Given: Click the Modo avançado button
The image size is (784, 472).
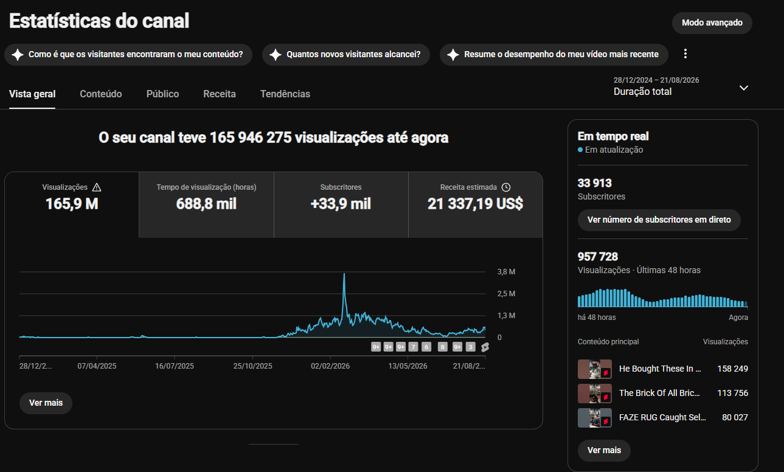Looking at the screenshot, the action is [x=712, y=23].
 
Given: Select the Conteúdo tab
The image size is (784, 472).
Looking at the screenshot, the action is [x=101, y=94].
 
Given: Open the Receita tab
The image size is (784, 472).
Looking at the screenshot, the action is [x=220, y=94].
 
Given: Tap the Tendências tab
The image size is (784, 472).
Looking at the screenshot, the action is [x=285, y=94].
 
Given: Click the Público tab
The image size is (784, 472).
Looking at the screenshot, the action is [x=162, y=94].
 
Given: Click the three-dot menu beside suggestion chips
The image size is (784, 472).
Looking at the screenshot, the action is [x=685, y=54].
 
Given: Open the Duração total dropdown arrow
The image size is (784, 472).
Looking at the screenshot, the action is [x=744, y=88].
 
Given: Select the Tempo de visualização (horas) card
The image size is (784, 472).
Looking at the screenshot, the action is [x=206, y=205].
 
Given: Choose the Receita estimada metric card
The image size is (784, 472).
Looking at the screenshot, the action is [x=475, y=205].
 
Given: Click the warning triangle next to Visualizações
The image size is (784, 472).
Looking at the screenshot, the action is [x=97, y=187].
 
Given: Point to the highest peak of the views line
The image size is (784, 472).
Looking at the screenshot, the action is [x=344, y=274].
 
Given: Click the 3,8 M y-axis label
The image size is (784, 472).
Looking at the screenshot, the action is [x=506, y=271].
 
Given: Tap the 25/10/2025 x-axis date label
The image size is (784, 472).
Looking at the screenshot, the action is [x=252, y=366].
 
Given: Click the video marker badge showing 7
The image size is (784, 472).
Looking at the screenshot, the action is [x=413, y=347].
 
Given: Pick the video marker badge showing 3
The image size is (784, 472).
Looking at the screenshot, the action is [x=470, y=347].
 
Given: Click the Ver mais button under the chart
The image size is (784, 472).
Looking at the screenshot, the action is [x=46, y=403].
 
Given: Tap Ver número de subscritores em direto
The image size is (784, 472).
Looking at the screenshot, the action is [x=659, y=220].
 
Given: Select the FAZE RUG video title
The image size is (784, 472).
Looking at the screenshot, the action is [x=662, y=417].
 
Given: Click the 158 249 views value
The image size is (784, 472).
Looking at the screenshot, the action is [x=732, y=369].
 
